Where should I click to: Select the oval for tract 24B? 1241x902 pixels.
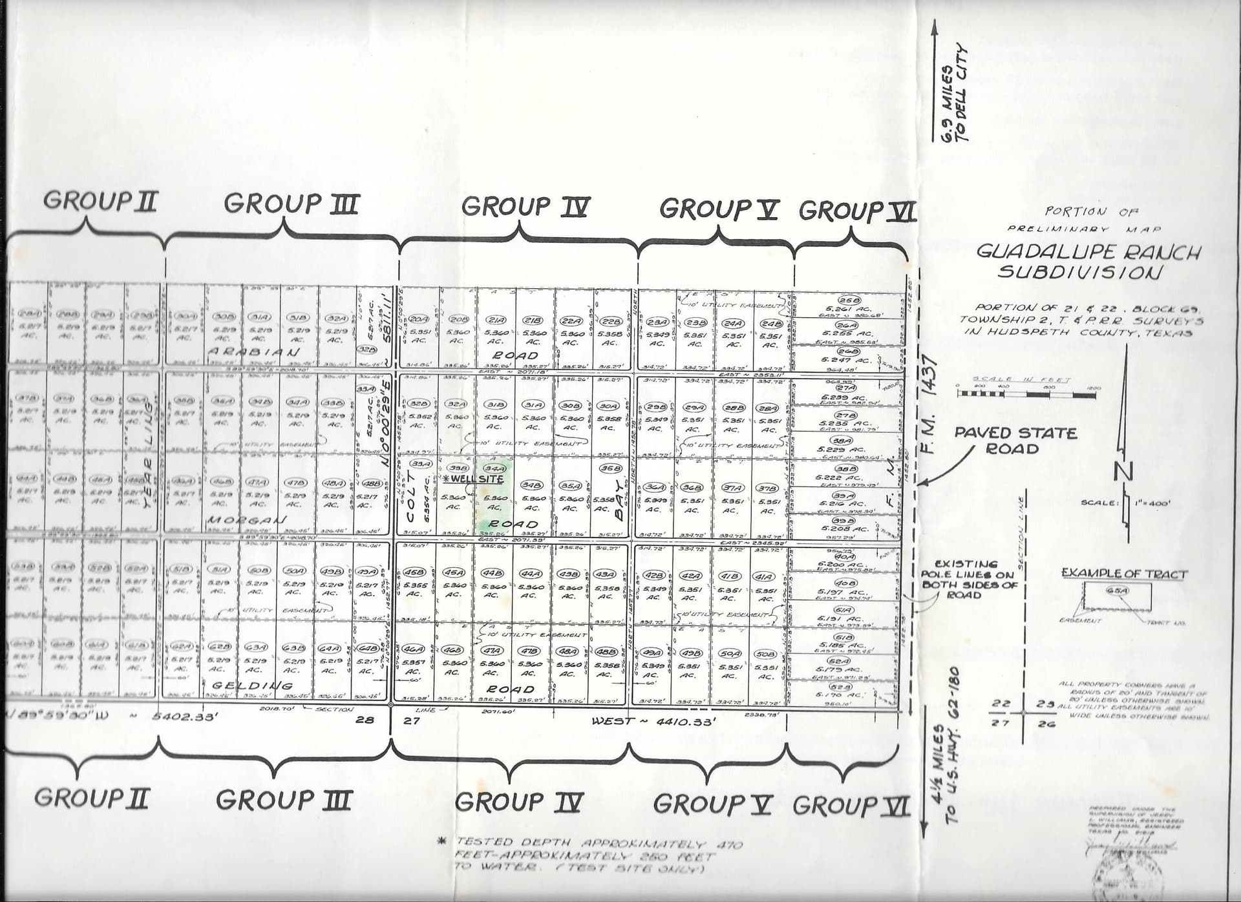[769, 322]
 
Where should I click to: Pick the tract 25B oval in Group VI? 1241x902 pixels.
[848, 300]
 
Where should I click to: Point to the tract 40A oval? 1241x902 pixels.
[845, 556]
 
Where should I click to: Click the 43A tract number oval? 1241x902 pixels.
[605, 574]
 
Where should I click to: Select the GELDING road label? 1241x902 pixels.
[253, 685]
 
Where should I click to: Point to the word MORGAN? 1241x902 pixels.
[246, 520]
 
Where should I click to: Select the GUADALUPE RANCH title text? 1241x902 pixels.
[1088, 251]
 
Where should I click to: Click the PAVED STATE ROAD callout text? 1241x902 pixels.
[1015, 440]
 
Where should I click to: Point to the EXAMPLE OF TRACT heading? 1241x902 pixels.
[1124, 573]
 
